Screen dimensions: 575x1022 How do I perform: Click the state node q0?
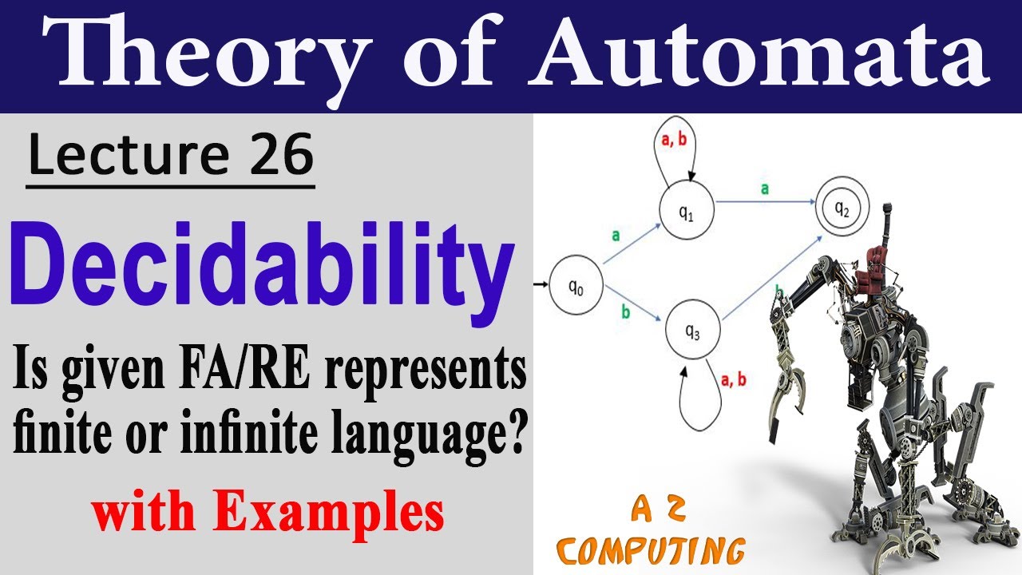click(x=576, y=291)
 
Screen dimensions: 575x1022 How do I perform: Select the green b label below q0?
click(x=625, y=314)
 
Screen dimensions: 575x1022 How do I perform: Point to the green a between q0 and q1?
click(x=616, y=235)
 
